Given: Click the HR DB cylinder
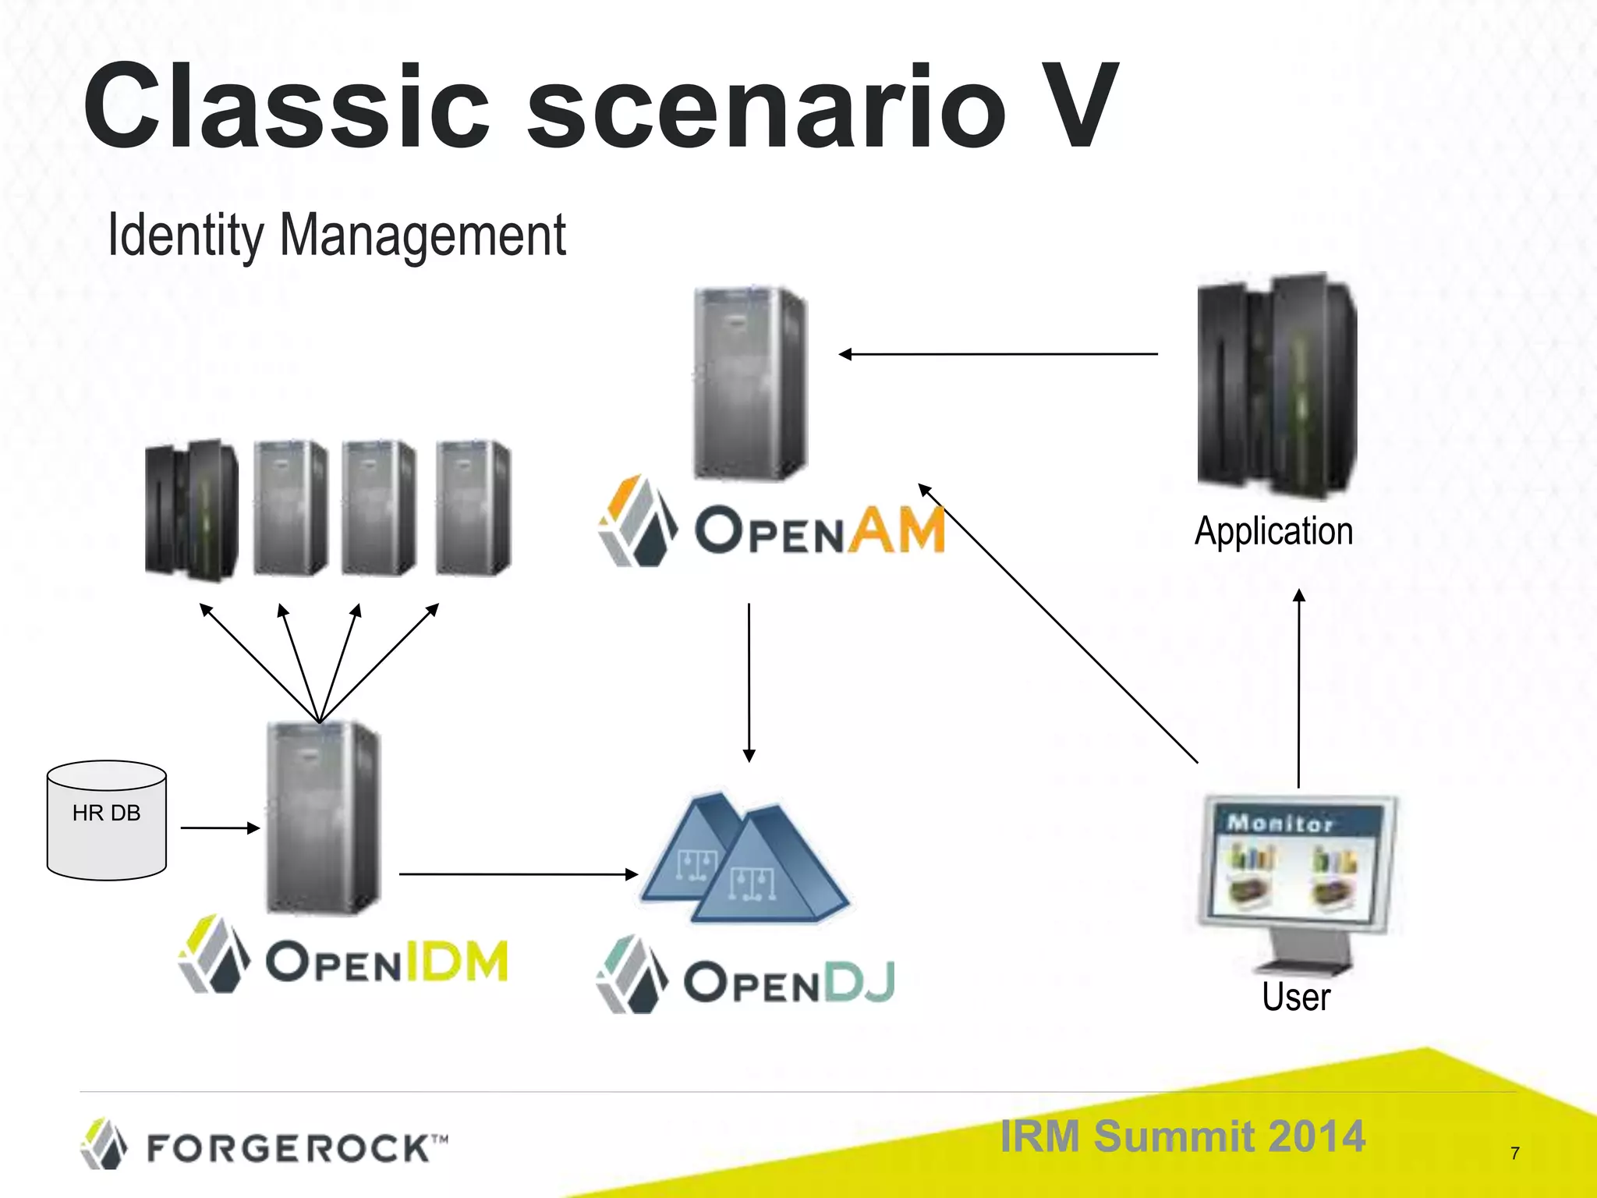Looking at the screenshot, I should pyautogui.click(x=106, y=821).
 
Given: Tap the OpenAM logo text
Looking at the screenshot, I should pyautogui.click(x=819, y=530).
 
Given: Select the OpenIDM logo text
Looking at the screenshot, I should pyautogui.click(x=386, y=961).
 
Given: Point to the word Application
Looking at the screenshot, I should pyautogui.click(x=1273, y=531).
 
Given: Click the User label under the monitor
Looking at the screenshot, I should pyautogui.click(x=1295, y=997).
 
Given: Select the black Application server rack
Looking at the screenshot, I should pyautogui.click(x=1277, y=386).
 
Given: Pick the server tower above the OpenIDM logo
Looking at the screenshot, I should pyautogui.click(x=322, y=817).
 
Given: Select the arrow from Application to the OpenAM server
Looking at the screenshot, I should pyautogui.click(x=998, y=354).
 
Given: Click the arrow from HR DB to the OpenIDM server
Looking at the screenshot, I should pyautogui.click(x=219, y=828).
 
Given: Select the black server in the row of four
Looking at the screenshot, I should pyautogui.click(x=191, y=510).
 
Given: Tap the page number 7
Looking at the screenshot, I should pyautogui.click(x=1514, y=1153).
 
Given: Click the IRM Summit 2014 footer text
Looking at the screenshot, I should pyautogui.click(x=1182, y=1136).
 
